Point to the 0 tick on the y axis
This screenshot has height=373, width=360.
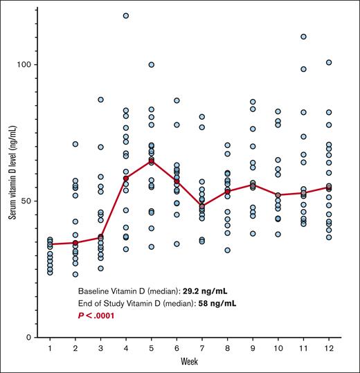click(30, 337)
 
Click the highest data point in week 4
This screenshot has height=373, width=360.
click(126, 15)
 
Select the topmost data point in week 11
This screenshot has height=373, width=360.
click(303, 36)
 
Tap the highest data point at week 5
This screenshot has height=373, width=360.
click(151, 65)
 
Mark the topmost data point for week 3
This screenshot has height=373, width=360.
click(100, 100)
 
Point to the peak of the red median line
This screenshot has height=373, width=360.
click(151, 161)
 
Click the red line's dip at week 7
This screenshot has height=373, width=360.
click(201, 206)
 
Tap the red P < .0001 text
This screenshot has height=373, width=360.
click(96, 315)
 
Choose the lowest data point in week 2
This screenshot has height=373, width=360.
click(75, 275)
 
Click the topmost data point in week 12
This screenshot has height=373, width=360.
click(328, 62)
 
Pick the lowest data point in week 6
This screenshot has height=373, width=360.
click(177, 244)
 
